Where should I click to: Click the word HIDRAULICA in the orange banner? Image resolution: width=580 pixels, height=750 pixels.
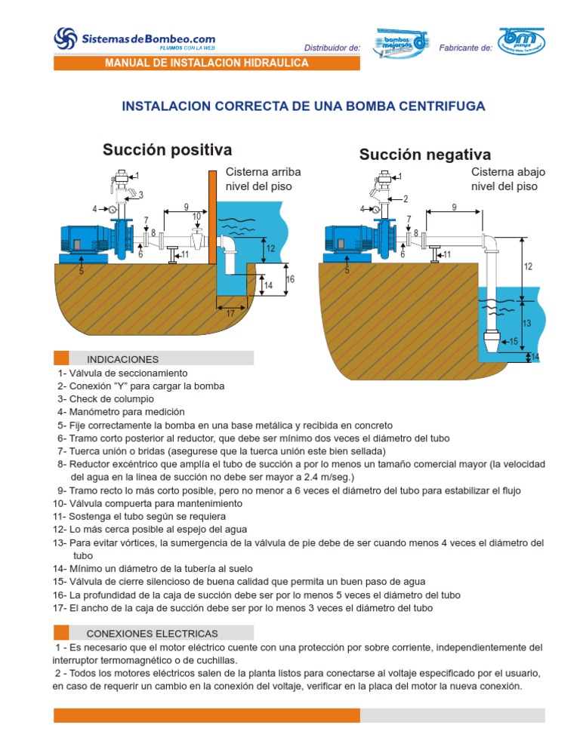[273, 63]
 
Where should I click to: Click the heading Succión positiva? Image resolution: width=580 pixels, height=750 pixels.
[167, 149]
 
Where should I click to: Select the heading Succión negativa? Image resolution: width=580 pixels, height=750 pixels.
[424, 155]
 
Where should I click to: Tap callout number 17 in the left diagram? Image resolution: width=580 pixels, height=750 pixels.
[230, 315]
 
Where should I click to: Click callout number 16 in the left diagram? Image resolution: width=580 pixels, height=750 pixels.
[291, 280]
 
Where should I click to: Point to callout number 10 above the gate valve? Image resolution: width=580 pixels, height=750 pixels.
[196, 217]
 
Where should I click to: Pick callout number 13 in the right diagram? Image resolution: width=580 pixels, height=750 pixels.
[527, 323]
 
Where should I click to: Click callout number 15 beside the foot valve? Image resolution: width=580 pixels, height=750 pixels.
[514, 342]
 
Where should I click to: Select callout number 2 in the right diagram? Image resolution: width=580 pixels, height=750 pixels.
[406, 199]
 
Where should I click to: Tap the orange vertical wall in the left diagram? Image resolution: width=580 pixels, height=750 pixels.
[212, 218]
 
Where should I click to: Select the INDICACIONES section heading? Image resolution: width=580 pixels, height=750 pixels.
[122, 359]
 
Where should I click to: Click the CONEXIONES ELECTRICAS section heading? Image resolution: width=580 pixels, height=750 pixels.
[153, 633]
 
